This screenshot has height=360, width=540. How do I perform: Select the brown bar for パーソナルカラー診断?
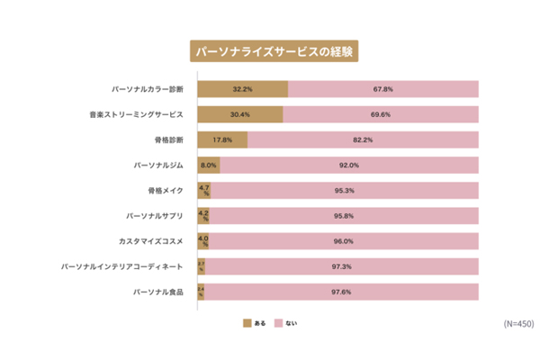coord(242,90)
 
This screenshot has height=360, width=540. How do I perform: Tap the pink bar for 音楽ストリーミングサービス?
coord(381,115)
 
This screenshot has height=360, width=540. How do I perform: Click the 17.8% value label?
coord(222,140)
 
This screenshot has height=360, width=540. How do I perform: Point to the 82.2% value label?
coord(363,140)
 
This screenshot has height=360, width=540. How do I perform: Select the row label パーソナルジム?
coord(158,166)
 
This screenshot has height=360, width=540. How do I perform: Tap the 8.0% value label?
coord(208,166)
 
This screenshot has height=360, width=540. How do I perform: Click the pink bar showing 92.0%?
coord(348,166)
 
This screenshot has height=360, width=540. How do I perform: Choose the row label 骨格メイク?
coord(166,191)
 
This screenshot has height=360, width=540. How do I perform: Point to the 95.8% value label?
coord(343,216)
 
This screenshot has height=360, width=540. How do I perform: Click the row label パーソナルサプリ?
coord(155,216)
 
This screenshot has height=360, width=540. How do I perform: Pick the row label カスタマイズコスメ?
coord(151,241)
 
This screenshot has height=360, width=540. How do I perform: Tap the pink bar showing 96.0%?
coord(342,241)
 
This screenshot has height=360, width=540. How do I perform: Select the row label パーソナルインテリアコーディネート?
coord(122,267)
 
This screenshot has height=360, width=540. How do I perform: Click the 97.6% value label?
coord(340,292)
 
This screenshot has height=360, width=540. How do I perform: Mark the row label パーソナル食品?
coord(158,292)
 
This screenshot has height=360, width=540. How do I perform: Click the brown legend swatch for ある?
coord(247,322)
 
